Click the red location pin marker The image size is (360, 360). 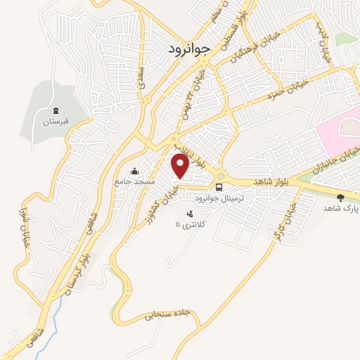180,166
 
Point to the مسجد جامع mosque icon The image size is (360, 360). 135,170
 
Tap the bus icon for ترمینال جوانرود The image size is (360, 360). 219,188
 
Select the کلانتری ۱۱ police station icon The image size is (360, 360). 188,213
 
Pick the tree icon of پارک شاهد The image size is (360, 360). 341,198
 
